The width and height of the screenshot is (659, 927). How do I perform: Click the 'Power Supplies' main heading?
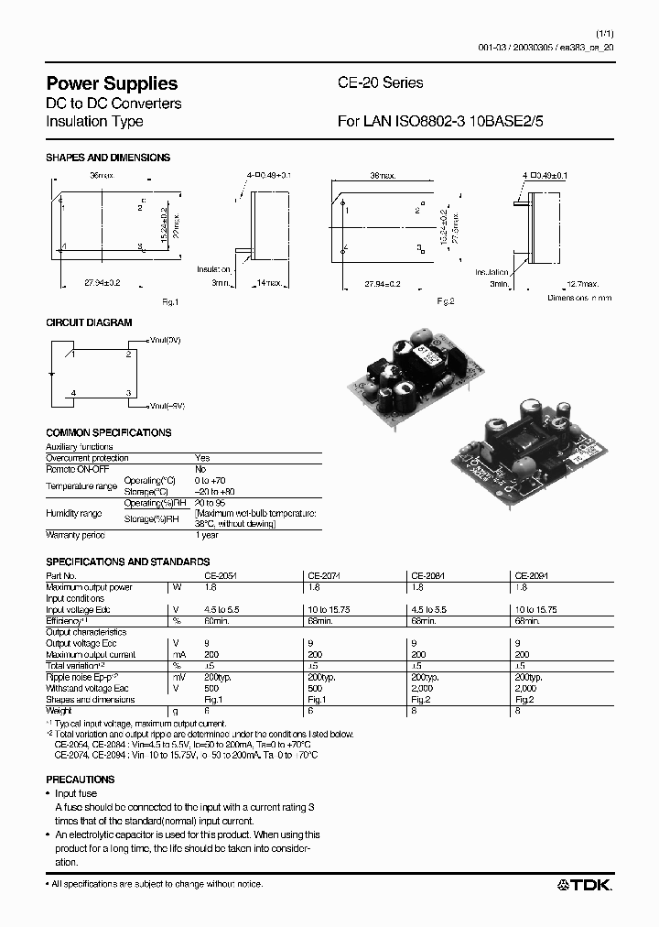[112, 83]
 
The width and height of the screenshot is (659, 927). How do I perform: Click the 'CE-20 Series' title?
[381, 82]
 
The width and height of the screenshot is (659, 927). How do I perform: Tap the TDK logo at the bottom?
[585, 884]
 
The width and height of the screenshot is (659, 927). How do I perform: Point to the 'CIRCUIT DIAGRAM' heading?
[89, 322]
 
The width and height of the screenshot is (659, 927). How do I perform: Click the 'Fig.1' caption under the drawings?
[170, 301]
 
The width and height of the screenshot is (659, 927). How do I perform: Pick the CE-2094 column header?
[532, 575]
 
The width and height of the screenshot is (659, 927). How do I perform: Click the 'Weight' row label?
[59, 710]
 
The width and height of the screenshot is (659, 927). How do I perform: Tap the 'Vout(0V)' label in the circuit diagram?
[164, 340]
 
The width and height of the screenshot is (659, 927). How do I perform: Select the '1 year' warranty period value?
[207, 535]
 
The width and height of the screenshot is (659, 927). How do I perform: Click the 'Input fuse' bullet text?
[75, 793]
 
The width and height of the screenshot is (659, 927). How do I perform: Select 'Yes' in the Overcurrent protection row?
[202, 457]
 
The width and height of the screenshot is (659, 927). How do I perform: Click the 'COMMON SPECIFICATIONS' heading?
[108, 432]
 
